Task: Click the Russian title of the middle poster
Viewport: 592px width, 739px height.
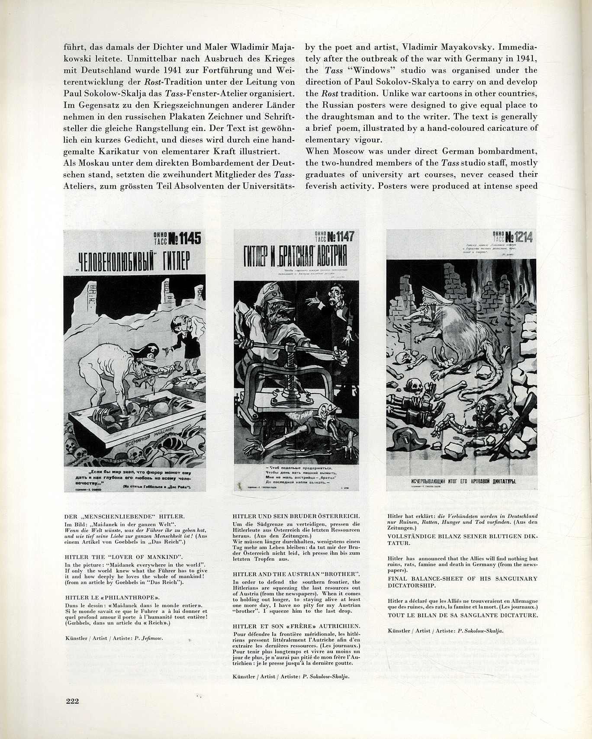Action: tap(296, 258)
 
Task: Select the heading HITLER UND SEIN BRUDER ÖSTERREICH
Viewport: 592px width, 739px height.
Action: tap(296, 516)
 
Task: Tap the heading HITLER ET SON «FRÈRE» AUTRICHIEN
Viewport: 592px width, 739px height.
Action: tap(296, 626)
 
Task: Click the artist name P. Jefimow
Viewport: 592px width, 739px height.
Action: tap(149, 638)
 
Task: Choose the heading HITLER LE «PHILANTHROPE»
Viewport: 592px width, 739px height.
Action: tap(113, 597)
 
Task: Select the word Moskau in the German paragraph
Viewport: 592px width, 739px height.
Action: tap(93, 163)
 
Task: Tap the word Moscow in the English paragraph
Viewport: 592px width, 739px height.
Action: tap(348, 152)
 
